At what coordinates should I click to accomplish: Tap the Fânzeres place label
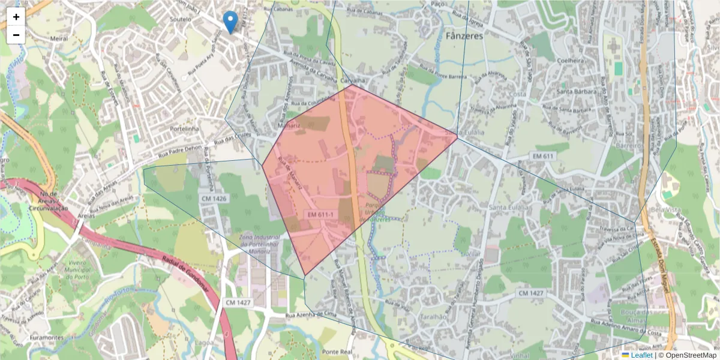(x=464, y=36)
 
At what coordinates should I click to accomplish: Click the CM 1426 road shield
(x=214, y=199)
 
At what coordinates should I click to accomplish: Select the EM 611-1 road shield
(x=320, y=214)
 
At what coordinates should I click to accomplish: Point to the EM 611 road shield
(x=542, y=156)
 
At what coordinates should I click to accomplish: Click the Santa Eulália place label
(x=508, y=207)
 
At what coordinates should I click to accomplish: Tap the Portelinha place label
(x=184, y=128)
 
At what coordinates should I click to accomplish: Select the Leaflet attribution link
(x=641, y=355)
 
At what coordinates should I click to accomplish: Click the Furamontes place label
(x=46, y=338)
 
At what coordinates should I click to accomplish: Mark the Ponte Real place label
(x=337, y=352)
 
